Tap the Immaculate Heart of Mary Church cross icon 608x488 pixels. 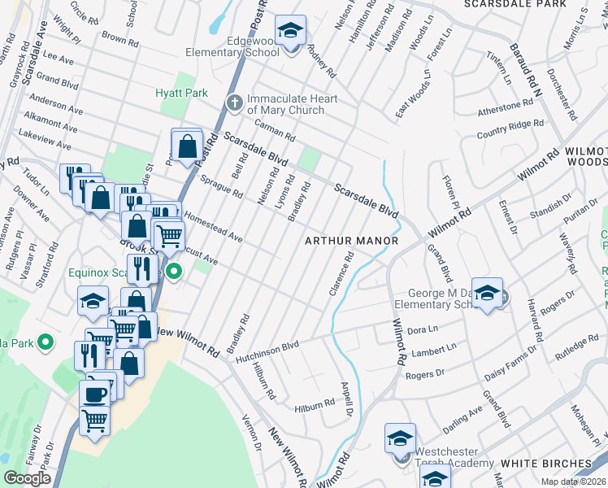click(235, 102)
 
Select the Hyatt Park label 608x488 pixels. click(182, 93)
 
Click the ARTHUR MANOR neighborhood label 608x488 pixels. click(351, 241)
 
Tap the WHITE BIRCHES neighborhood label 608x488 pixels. click(541, 464)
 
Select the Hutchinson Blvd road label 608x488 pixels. click(267, 351)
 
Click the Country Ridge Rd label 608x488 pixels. click(510, 129)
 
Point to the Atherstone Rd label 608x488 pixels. click(505, 107)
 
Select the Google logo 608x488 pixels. click(27, 478)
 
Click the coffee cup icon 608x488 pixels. click(93, 394)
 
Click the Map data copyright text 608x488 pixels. click(573, 481)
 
